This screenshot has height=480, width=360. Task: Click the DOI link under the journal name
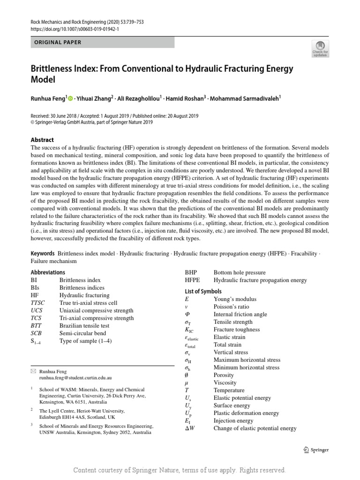click(x=75, y=29)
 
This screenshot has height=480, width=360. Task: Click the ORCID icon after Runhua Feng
click(x=71, y=98)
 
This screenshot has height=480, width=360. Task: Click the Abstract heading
click(x=42, y=140)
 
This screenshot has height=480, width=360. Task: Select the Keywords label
click(x=43, y=253)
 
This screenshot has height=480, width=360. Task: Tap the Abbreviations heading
click(x=48, y=272)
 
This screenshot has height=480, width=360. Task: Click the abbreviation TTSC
click(x=38, y=303)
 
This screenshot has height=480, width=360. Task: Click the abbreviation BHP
click(x=191, y=272)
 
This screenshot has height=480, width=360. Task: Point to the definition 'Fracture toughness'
click(x=236, y=330)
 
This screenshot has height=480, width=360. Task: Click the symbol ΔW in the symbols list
click(x=190, y=428)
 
